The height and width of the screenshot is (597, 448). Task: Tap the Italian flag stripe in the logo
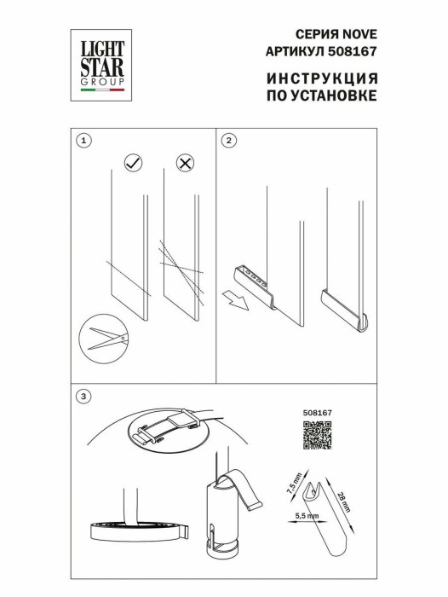(x=101, y=89)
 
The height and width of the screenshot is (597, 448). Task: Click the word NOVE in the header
(x=359, y=35)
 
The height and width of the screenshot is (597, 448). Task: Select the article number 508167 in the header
(x=357, y=51)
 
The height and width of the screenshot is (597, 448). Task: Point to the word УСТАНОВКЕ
(x=333, y=96)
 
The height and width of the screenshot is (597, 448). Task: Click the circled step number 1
(x=83, y=140)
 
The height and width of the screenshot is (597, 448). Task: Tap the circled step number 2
(x=230, y=140)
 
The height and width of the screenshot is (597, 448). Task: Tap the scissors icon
(x=103, y=339)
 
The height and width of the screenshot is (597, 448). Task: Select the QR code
(x=318, y=435)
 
